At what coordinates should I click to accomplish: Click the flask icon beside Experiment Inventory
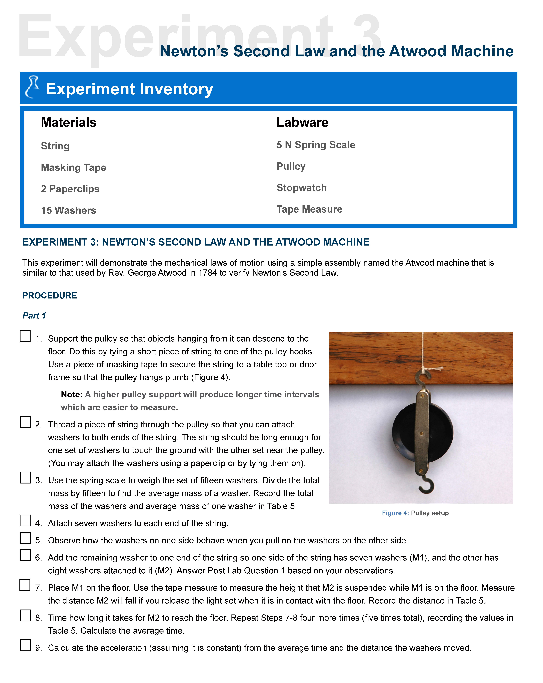[x=32, y=87]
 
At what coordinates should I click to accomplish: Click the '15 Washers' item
[x=68, y=210]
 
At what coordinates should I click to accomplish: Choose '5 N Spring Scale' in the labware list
[x=315, y=145]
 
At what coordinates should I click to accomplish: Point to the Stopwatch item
[x=301, y=188]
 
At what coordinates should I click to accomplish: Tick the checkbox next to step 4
[x=25, y=520]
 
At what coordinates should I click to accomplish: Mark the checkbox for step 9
[x=25, y=645]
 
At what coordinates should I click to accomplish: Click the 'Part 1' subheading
[x=34, y=315]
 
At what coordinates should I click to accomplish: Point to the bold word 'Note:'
[x=72, y=394]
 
